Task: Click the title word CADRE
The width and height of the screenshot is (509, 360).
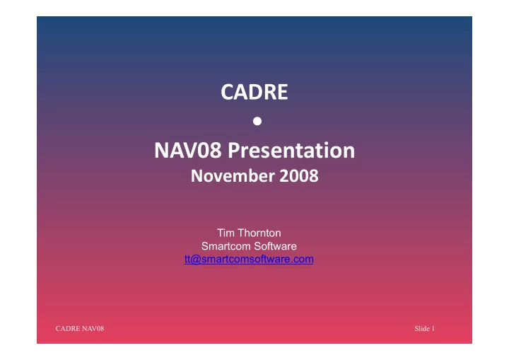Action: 255,92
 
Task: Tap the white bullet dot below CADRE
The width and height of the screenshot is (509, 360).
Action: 257,121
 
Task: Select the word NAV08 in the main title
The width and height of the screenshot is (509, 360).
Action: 188,150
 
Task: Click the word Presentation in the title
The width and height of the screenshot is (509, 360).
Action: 291,151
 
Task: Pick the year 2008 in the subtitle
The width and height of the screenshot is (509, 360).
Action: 299,176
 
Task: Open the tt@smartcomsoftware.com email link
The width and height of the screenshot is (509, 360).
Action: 249,259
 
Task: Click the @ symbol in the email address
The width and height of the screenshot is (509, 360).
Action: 197,260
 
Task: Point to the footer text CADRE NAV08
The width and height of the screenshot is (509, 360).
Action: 79,328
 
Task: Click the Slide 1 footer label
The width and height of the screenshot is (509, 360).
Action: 424,328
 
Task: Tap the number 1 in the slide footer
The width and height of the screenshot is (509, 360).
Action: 433,328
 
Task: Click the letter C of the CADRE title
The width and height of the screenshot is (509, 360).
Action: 227,92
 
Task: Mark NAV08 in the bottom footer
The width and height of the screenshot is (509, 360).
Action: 93,328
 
